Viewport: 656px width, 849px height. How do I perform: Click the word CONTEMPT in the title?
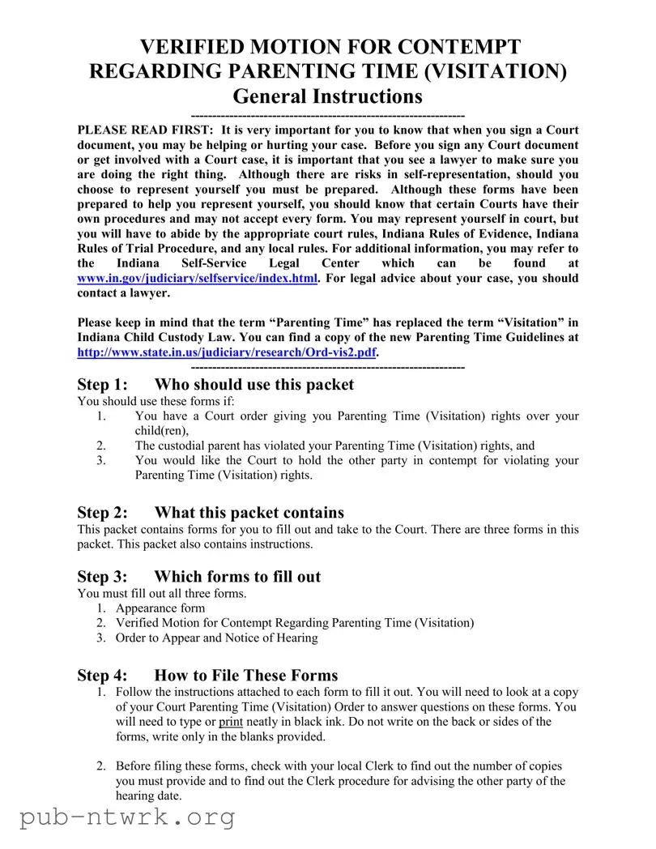click(455, 46)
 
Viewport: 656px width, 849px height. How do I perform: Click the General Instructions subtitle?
click(327, 96)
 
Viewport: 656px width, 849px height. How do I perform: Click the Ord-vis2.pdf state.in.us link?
click(227, 352)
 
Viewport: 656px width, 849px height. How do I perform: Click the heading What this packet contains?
click(249, 512)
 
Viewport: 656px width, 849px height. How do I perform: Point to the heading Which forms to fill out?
click(237, 576)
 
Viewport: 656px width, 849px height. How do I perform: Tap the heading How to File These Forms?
click(245, 675)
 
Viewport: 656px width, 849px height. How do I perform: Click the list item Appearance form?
click(160, 608)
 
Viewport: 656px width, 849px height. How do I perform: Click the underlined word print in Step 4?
click(231, 722)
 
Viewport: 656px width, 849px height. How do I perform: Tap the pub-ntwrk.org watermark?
click(127, 817)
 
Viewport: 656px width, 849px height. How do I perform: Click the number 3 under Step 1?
click(101, 460)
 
